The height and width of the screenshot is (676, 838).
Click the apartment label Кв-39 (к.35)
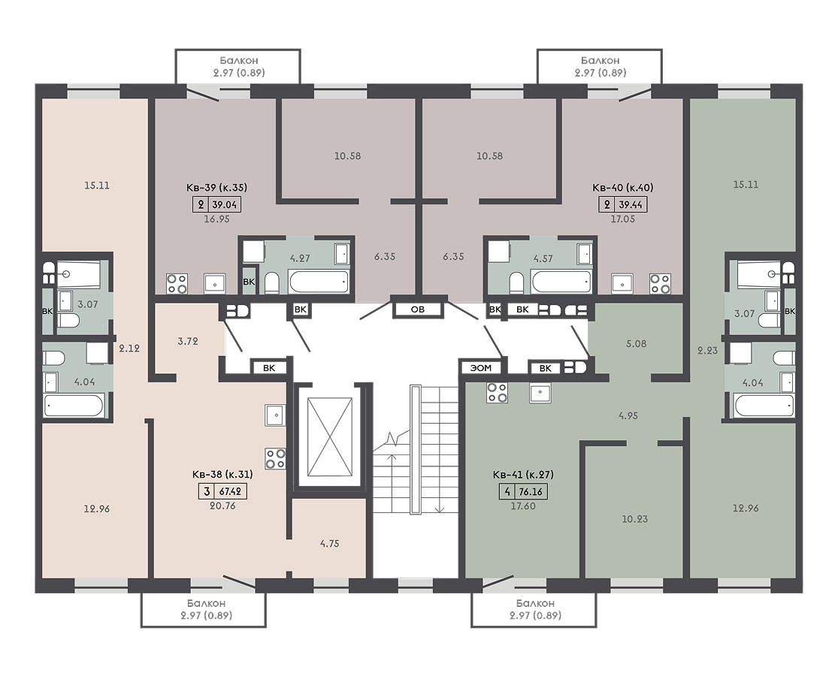(216, 188)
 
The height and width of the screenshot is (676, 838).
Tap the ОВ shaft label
(417, 309)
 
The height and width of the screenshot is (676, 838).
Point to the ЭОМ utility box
(481, 367)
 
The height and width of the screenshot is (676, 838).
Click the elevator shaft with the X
(330, 436)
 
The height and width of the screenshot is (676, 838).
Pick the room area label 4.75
(329, 544)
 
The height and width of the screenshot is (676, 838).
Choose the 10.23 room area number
(634, 518)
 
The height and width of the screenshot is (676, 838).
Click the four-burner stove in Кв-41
(497, 393)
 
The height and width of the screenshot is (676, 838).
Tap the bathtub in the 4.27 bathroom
(319, 281)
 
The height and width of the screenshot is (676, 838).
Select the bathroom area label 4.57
(543, 258)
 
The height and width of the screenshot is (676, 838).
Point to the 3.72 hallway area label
(188, 341)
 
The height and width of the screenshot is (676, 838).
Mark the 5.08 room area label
(636, 343)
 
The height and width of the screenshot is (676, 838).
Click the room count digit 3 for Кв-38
(207, 491)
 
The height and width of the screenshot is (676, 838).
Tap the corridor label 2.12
(129, 349)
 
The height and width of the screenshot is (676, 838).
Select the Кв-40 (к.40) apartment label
(622, 188)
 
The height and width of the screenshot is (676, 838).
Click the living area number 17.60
(522, 505)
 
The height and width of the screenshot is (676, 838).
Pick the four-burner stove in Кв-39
(177, 283)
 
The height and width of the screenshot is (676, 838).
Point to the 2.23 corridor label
(707, 350)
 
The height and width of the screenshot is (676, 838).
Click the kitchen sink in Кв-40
(622, 284)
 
